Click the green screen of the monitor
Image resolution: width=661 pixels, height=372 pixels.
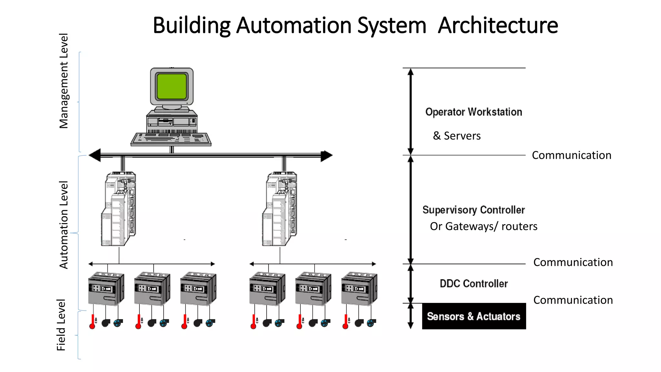172,86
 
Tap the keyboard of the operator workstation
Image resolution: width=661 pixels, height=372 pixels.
171,139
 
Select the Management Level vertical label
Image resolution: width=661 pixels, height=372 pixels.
64,81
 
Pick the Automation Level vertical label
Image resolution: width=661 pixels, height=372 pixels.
64,225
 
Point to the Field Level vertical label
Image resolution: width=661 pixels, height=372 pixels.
61,325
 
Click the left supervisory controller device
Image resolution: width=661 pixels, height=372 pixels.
118,209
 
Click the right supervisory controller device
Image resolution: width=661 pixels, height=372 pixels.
280,209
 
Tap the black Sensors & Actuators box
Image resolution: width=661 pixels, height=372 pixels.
473,316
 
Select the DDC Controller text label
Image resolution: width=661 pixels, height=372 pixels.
473,284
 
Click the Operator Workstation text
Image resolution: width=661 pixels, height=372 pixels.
473,112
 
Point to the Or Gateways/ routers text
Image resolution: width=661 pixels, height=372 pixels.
483,226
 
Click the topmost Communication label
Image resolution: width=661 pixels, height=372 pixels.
571,155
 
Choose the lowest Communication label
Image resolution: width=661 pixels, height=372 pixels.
573,300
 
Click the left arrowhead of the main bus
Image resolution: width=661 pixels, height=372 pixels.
95,155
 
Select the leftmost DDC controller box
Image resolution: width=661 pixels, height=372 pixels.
106,289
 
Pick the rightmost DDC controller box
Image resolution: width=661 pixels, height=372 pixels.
359,289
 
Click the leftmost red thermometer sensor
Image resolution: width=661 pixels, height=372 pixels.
92,322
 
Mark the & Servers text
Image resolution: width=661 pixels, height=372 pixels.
457,136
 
